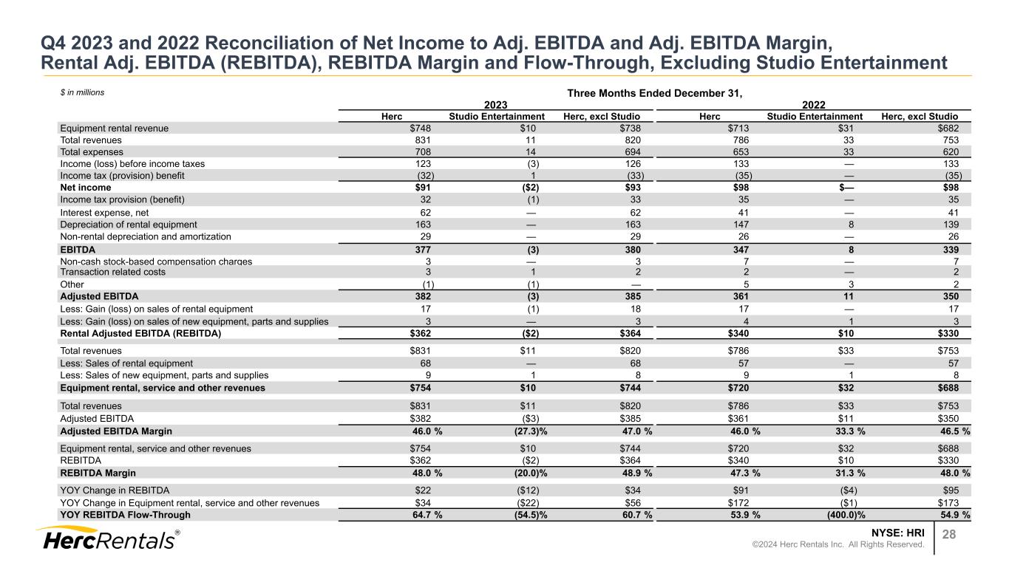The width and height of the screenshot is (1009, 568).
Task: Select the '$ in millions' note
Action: point(82,93)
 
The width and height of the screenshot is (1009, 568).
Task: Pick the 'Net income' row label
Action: point(85,188)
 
